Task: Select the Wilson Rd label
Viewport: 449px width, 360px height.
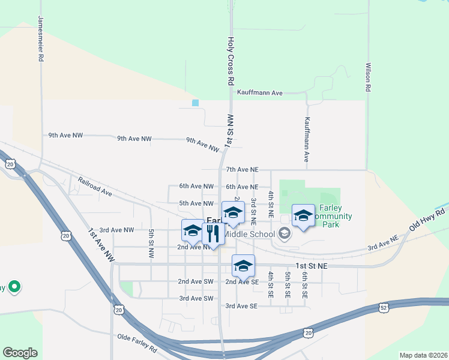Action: [367, 76]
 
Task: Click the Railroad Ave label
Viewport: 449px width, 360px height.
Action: [95, 186]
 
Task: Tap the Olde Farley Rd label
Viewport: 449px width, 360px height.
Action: [137, 339]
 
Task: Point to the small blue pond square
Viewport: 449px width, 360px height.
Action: [195, 103]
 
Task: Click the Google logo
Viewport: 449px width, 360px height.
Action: [20, 353]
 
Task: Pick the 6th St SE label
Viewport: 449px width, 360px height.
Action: [304, 284]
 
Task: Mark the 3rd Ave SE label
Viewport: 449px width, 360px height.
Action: [241, 306]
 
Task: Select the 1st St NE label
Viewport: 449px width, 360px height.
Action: [310, 265]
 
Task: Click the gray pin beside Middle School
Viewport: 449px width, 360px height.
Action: [285, 235]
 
